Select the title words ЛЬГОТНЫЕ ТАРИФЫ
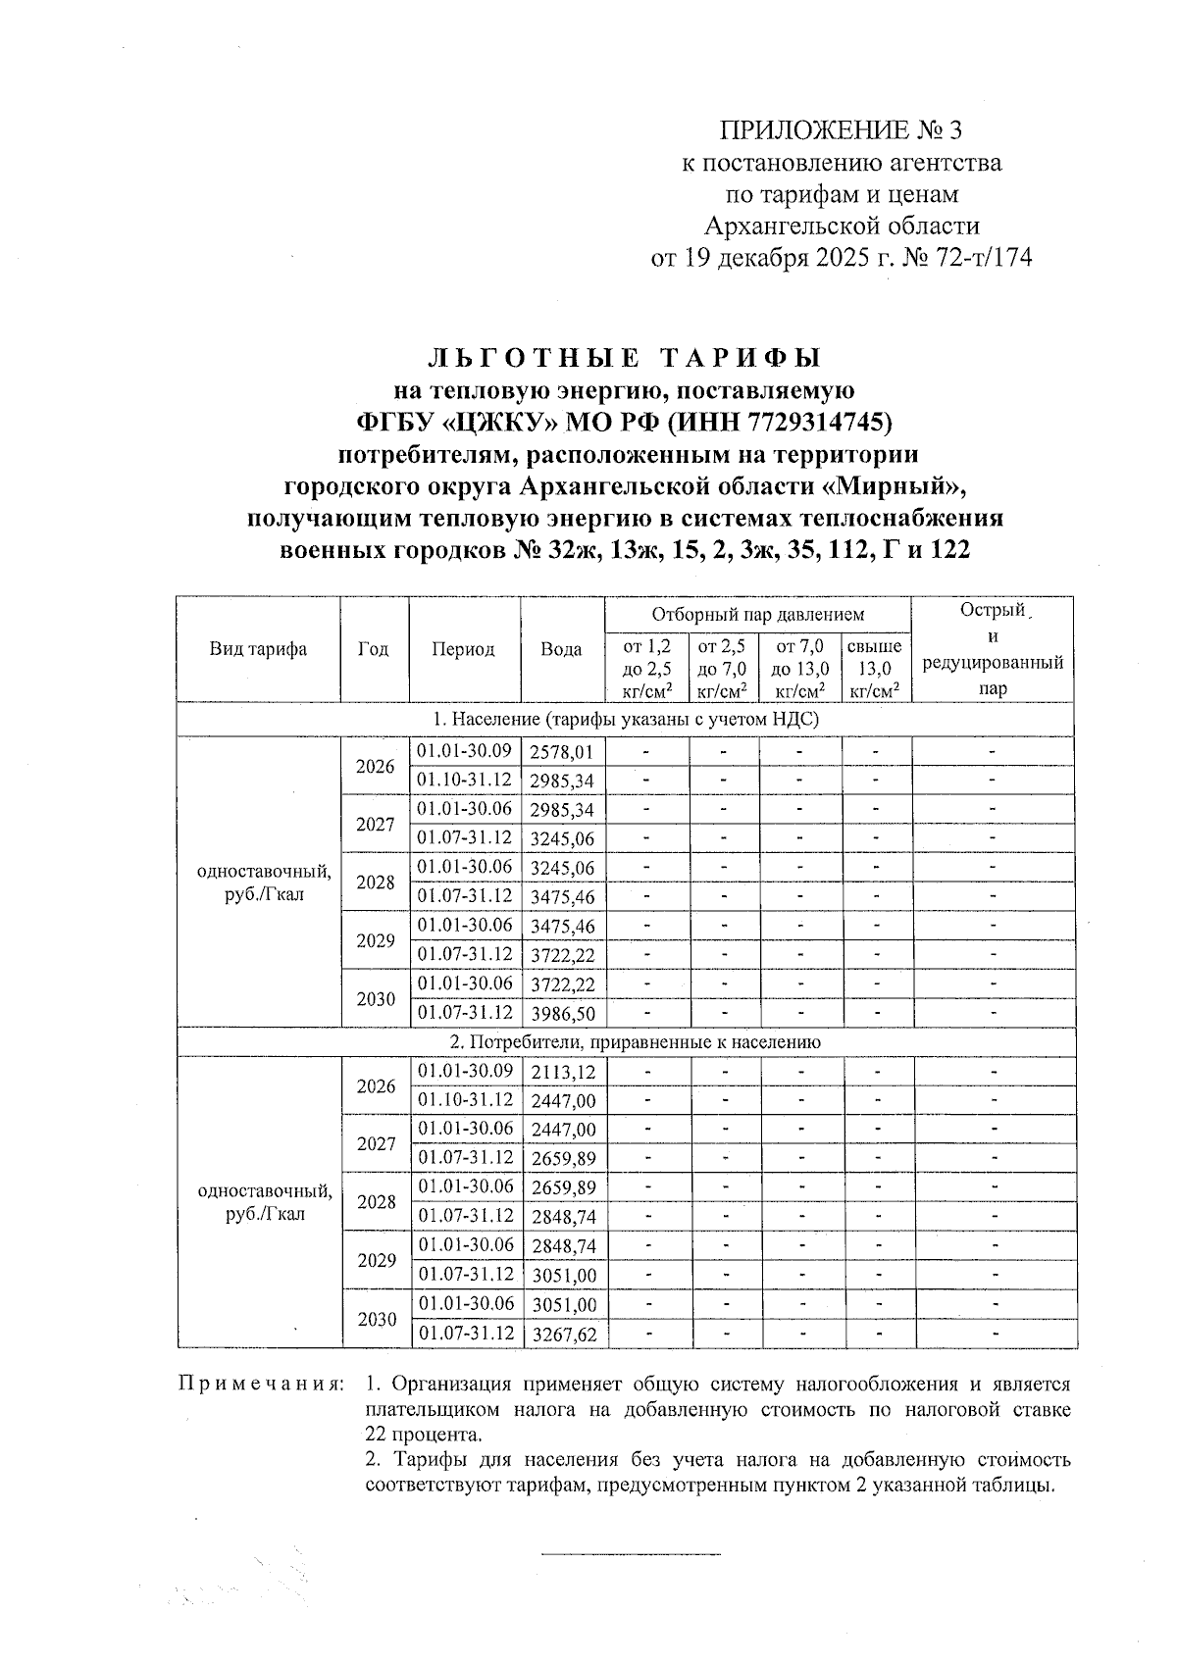coord(625,358)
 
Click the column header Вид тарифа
coord(258,649)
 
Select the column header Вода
coord(561,649)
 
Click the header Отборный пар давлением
coord(758,615)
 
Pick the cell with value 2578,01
coord(562,752)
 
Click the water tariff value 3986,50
coord(562,1013)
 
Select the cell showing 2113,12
coord(562,1072)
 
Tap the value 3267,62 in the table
coord(563,1335)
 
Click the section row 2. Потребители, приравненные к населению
coord(628,1042)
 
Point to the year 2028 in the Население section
coord(375,882)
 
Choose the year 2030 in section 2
coord(377,1320)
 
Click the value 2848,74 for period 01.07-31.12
coord(563,1217)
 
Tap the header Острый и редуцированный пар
coord(993,649)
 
